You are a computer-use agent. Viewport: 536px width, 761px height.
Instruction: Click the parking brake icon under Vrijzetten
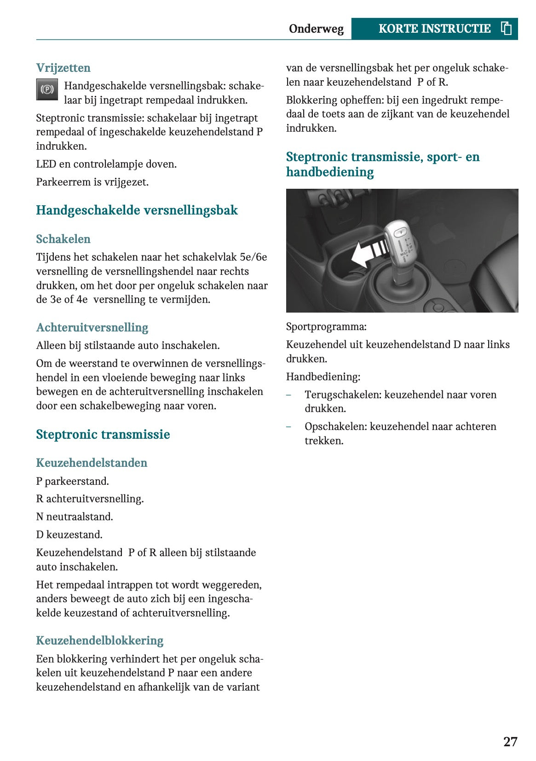[x=47, y=89]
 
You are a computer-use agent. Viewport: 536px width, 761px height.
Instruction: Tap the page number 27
[x=510, y=742]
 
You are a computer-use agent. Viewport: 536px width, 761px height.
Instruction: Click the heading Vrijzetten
[x=63, y=68]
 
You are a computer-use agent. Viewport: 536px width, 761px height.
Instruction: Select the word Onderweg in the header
[x=316, y=29]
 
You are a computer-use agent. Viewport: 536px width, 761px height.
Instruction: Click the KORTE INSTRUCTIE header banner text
[x=434, y=29]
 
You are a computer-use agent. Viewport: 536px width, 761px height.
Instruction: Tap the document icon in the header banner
[x=506, y=29]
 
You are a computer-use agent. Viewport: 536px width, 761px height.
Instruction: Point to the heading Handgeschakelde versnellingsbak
[x=137, y=210]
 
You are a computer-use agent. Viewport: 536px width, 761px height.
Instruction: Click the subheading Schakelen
[x=63, y=239]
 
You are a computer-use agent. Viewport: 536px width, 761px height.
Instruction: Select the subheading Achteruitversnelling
[x=92, y=327]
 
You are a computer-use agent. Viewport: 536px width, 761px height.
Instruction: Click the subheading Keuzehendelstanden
[x=92, y=463]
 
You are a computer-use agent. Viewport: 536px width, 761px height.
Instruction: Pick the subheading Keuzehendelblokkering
[x=100, y=640]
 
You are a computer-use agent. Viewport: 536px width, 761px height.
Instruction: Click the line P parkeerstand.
[x=72, y=481]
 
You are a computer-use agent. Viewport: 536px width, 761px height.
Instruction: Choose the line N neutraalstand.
[x=75, y=517]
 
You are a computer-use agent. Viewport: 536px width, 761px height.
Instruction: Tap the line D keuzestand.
[x=69, y=534]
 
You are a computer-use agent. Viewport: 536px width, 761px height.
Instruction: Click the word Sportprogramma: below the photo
[x=326, y=327]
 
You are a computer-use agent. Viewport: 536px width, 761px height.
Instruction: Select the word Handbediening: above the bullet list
[x=323, y=377]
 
